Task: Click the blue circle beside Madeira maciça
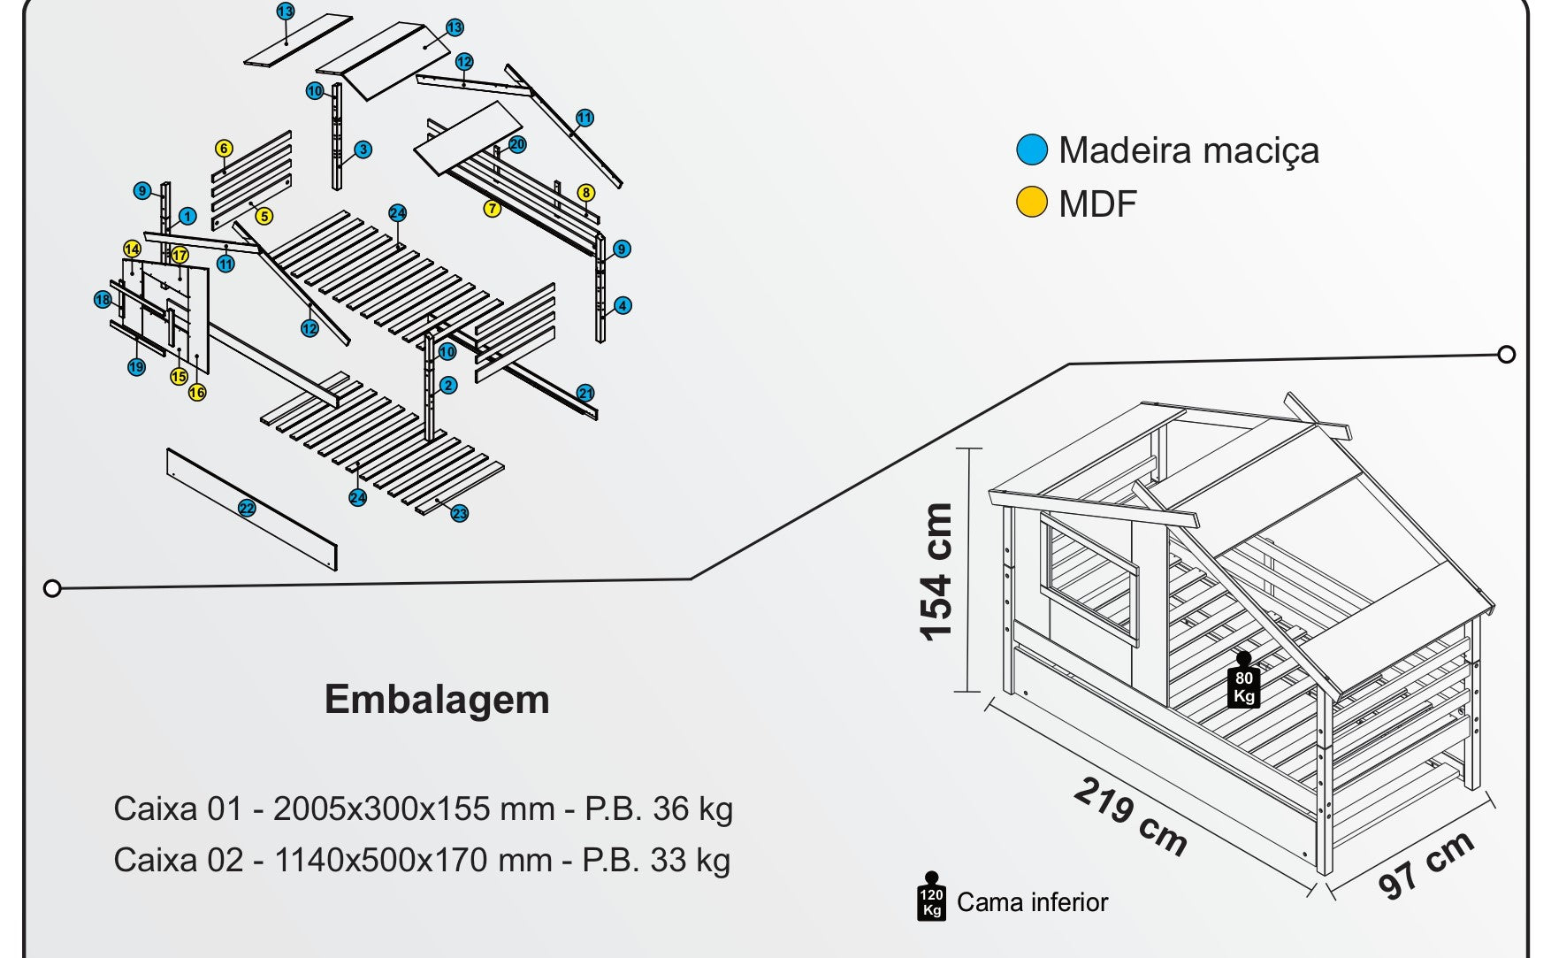(x=1031, y=150)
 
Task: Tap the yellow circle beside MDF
(x=1031, y=203)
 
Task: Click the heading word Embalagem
(x=437, y=699)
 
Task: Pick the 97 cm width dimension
(x=1425, y=863)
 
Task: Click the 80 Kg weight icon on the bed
(x=1243, y=682)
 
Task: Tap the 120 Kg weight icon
(x=931, y=897)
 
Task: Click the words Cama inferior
(x=1032, y=902)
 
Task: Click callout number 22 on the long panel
(x=247, y=508)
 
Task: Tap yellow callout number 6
(x=224, y=149)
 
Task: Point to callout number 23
(x=459, y=514)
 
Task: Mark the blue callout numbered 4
(x=623, y=306)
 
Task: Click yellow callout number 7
(x=492, y=209)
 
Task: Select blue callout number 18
(x=103, y=300)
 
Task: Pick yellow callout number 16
(x=197, y=392)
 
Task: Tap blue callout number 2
(x=448, y=385)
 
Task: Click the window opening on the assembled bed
(x=1088, y=579)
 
